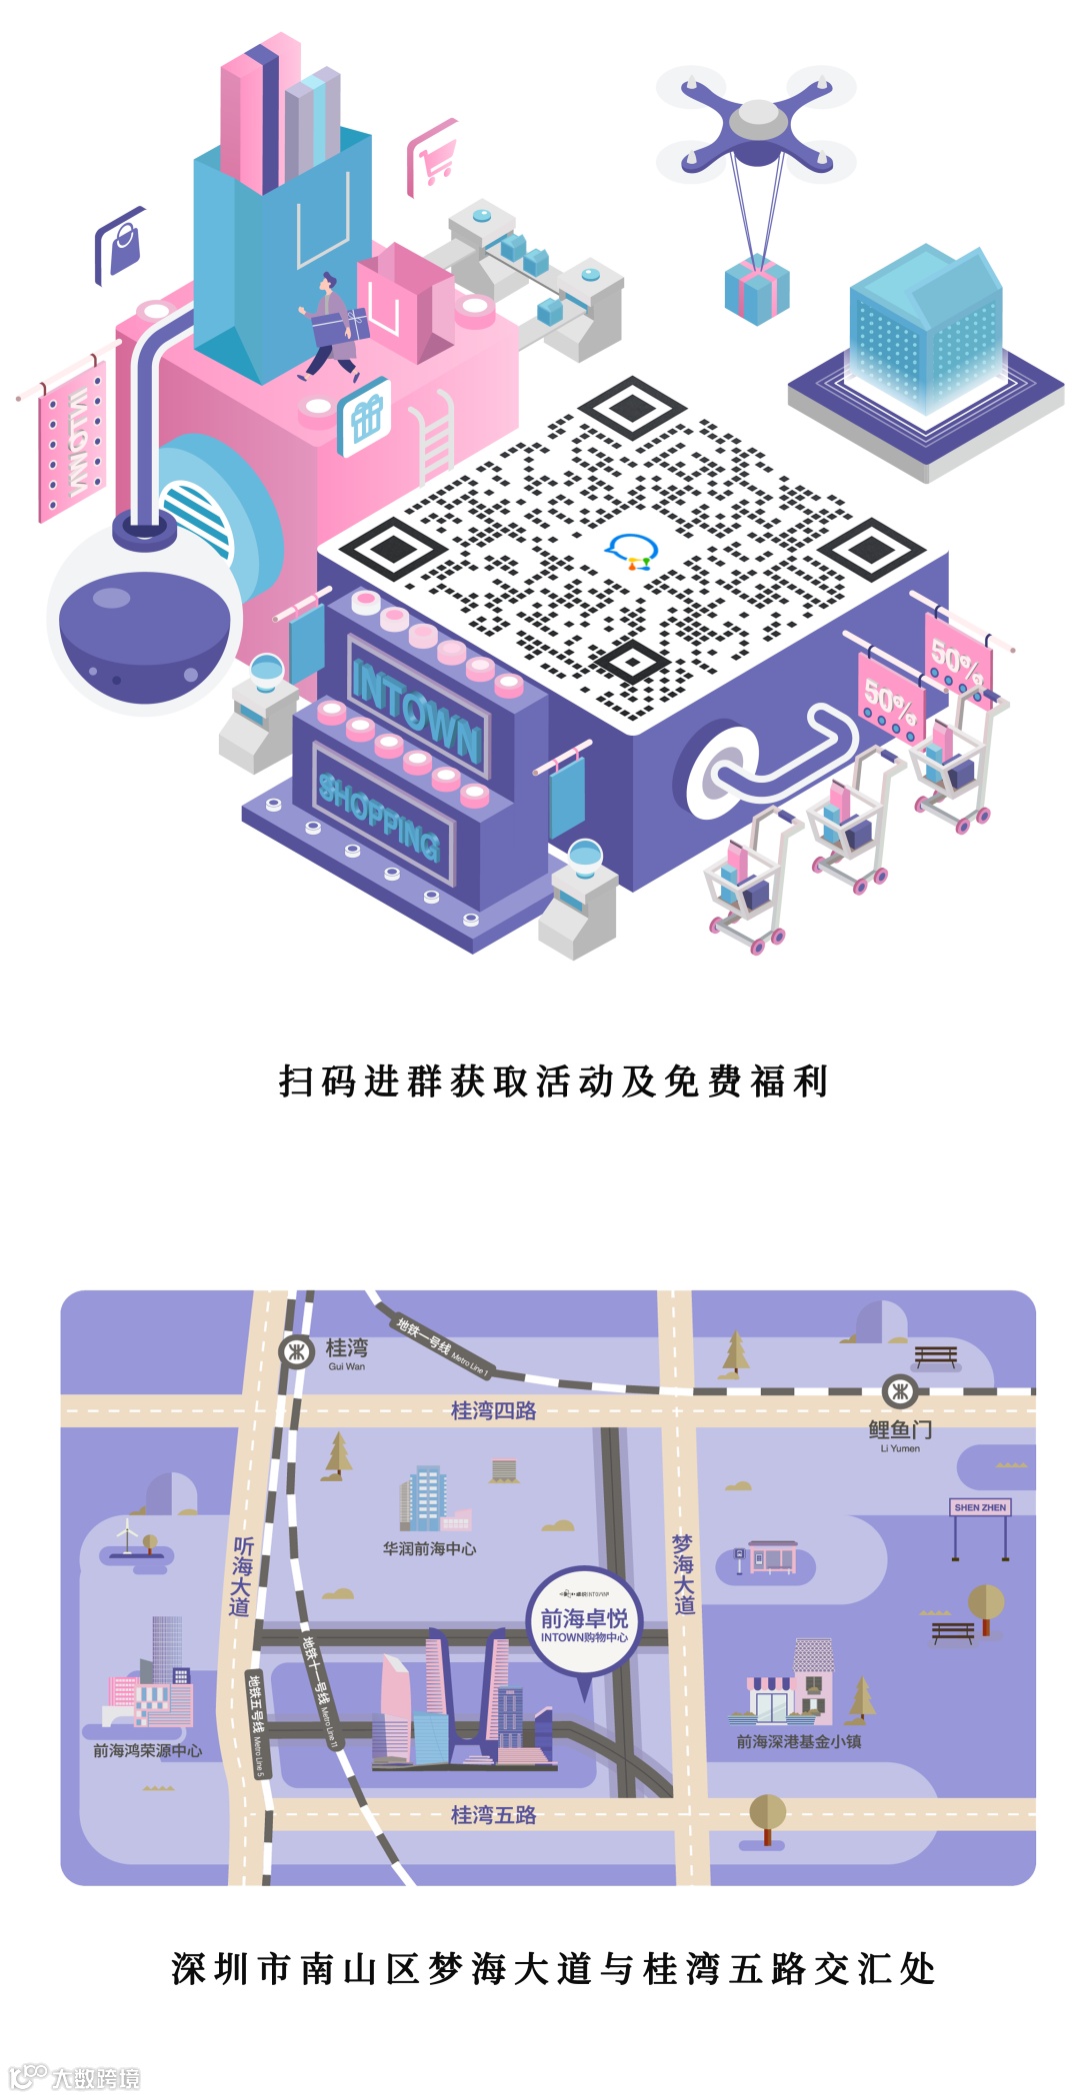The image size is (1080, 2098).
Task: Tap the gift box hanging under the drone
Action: click(756, 290)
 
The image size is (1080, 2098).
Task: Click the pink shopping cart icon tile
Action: click(433, 157)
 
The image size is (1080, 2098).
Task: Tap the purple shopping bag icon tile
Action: click(121, 245)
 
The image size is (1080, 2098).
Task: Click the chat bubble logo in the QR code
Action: click(632, 551)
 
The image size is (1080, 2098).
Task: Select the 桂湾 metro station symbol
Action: click(296, 1351)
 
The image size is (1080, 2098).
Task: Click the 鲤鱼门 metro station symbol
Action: click(899, 1390)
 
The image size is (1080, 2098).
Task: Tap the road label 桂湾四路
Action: click(493, 1410)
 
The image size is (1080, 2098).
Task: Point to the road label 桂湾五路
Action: click(493, 1814)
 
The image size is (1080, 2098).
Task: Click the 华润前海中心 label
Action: click(429, 1548)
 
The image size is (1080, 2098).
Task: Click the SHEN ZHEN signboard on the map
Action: click(980, 1507)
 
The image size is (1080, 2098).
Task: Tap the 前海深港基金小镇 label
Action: click(798, 1741)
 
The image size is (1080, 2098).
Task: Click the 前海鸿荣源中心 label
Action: click(147, 1750)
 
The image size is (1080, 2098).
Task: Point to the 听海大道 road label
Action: click(241, 1576)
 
